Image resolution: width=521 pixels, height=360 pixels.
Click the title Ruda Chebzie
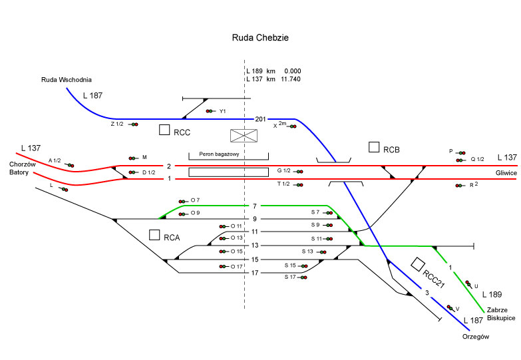click(260, 39)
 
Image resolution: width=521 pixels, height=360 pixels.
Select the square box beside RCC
click(164, 130)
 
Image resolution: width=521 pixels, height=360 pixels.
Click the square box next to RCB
click(374, 147)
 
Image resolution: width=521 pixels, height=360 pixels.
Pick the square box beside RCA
click(154, 235)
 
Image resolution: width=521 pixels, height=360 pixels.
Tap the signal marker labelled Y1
click(210, 111)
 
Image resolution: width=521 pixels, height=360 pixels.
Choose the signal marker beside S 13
click(322, 252)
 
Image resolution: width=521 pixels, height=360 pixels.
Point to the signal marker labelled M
click(133, 158)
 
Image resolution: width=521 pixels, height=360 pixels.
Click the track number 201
click(260, 119)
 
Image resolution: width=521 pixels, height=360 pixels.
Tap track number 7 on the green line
click(254, 206)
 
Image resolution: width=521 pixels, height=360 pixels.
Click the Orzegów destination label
click(476, 337)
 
